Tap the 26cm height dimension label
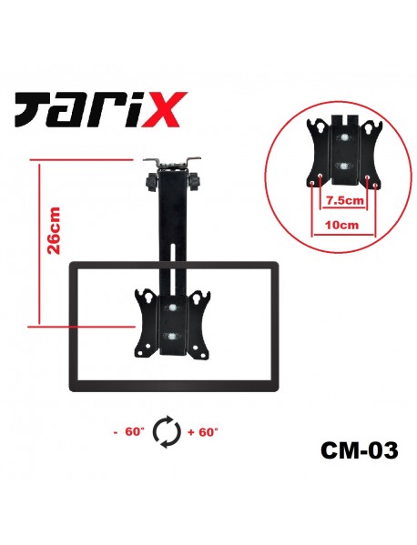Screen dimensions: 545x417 [x=55, y=229]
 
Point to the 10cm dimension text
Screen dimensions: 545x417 [x=342, y=222]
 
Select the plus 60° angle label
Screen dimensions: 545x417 [x=202, y=432]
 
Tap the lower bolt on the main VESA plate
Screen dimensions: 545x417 [x=172, y=336]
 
